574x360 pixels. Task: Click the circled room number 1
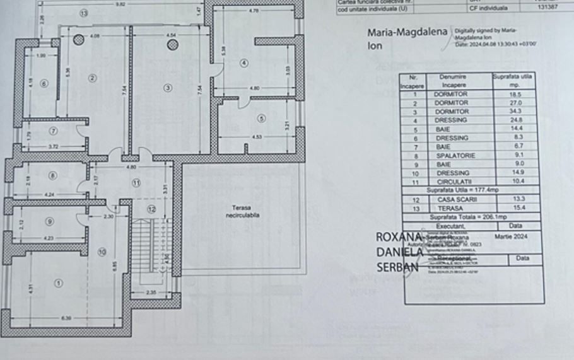59,284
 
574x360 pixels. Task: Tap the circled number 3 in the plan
167,88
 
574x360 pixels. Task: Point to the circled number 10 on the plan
102,252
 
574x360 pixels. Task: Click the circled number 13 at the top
84,13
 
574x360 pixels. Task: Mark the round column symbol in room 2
78,40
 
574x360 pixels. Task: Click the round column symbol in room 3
173,44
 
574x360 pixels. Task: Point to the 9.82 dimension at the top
119,4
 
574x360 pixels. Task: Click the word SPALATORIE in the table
451,155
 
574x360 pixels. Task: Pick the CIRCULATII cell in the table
451,182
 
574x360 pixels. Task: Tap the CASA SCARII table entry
451,199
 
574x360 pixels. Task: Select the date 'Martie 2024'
515,236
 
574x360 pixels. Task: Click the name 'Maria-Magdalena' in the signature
407,32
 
